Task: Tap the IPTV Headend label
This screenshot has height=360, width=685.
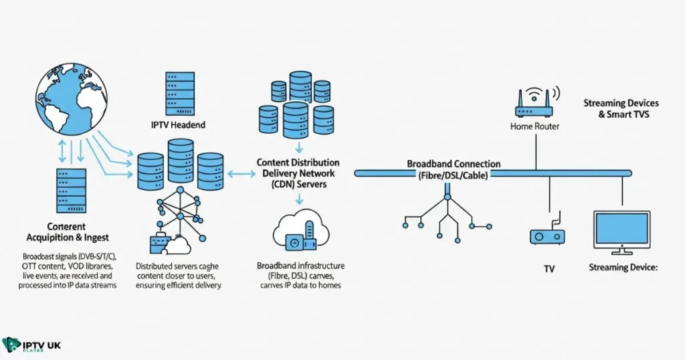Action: click(177, 124)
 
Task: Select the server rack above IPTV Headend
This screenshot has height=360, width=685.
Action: click(177, 93)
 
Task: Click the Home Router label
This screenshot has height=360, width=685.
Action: click(534, 126)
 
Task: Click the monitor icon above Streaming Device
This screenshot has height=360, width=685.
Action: click(622, 232)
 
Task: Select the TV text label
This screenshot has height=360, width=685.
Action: click(549, 269)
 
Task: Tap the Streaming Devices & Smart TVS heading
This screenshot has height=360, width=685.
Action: click(621, 108)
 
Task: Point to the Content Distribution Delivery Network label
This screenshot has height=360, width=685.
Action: click(298, 173)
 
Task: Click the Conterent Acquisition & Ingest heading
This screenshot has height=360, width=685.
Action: click(67, 232)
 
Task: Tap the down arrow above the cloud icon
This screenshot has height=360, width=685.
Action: click(299, 199)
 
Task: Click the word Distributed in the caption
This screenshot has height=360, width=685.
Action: click(158, 266)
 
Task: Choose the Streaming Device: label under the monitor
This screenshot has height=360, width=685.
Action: click(623, 268)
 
